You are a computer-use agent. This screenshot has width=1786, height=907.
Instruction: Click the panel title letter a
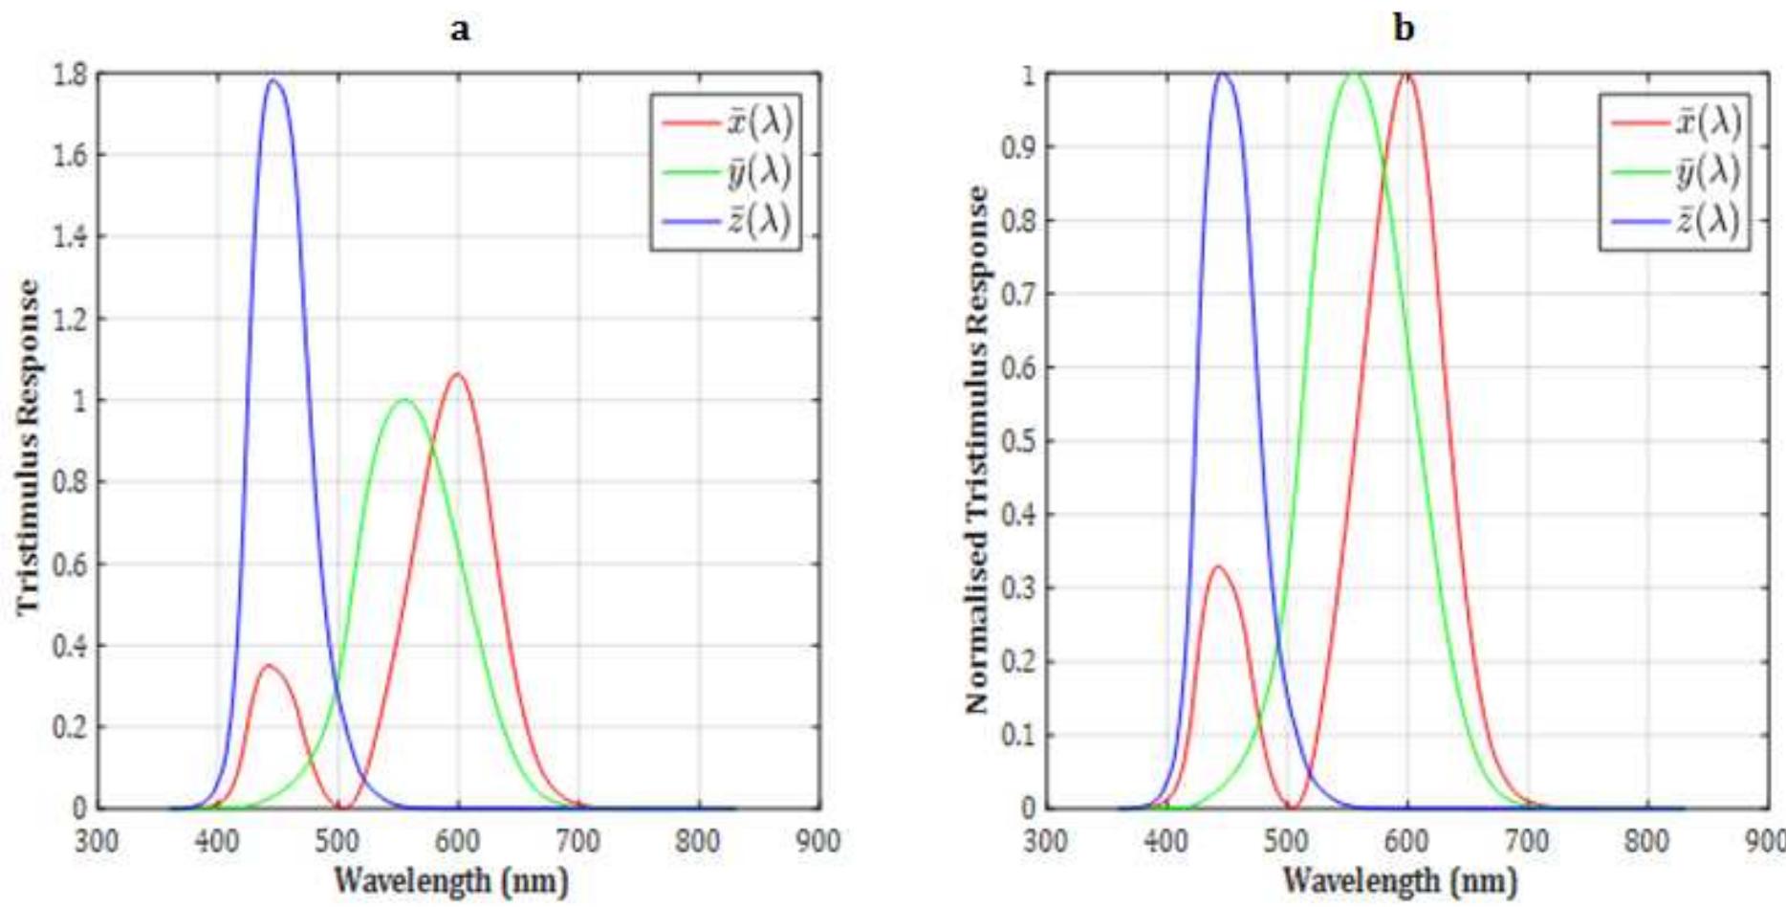(x=460, y=29)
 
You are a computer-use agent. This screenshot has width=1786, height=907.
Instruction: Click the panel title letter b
(x=1404, y=29)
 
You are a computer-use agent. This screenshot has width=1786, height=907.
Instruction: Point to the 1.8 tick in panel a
(x=68, y=74)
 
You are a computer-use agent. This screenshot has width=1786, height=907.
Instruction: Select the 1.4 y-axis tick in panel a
(x=68, y=236)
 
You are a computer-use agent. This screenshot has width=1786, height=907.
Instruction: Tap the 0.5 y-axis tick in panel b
(x=1018, y=441)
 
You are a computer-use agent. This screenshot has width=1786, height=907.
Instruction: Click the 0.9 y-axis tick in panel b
(x=1018, y=147)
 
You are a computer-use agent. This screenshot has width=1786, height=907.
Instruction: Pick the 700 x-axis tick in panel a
(x=577, y=842)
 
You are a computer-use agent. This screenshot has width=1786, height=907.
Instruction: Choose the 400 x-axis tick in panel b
(x=1165, y=842)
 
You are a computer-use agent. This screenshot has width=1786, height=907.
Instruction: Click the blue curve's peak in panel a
(x=274, y=80)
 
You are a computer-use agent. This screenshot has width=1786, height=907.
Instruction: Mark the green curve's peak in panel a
(x=403, y=400)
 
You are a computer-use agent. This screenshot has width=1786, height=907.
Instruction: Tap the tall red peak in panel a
(x=458, y=374)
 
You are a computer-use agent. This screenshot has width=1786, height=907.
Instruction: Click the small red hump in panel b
(x=1217, y=566)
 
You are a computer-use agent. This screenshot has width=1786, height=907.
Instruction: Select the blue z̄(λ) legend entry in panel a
(x=729, y=221)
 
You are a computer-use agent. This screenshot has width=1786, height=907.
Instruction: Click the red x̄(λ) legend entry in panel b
(x=1677, y=122)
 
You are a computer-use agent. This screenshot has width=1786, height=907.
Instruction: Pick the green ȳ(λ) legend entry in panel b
(x=1677, y=172)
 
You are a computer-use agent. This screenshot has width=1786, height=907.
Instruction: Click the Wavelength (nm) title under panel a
(x=450, y=879)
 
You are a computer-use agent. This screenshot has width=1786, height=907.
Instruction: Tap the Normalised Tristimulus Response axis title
(x=976, y=450)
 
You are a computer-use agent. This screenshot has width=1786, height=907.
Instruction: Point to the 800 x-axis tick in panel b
(x=1646, y=842)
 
